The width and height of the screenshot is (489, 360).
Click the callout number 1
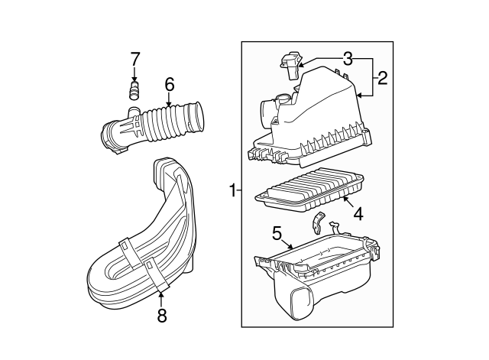point(232,189)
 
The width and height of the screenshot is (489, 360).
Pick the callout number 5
point(277,232)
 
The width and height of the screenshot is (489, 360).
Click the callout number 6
point(169,83)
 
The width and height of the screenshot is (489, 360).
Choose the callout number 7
point(134,58)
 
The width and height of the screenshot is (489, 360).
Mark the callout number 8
point(162,315)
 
